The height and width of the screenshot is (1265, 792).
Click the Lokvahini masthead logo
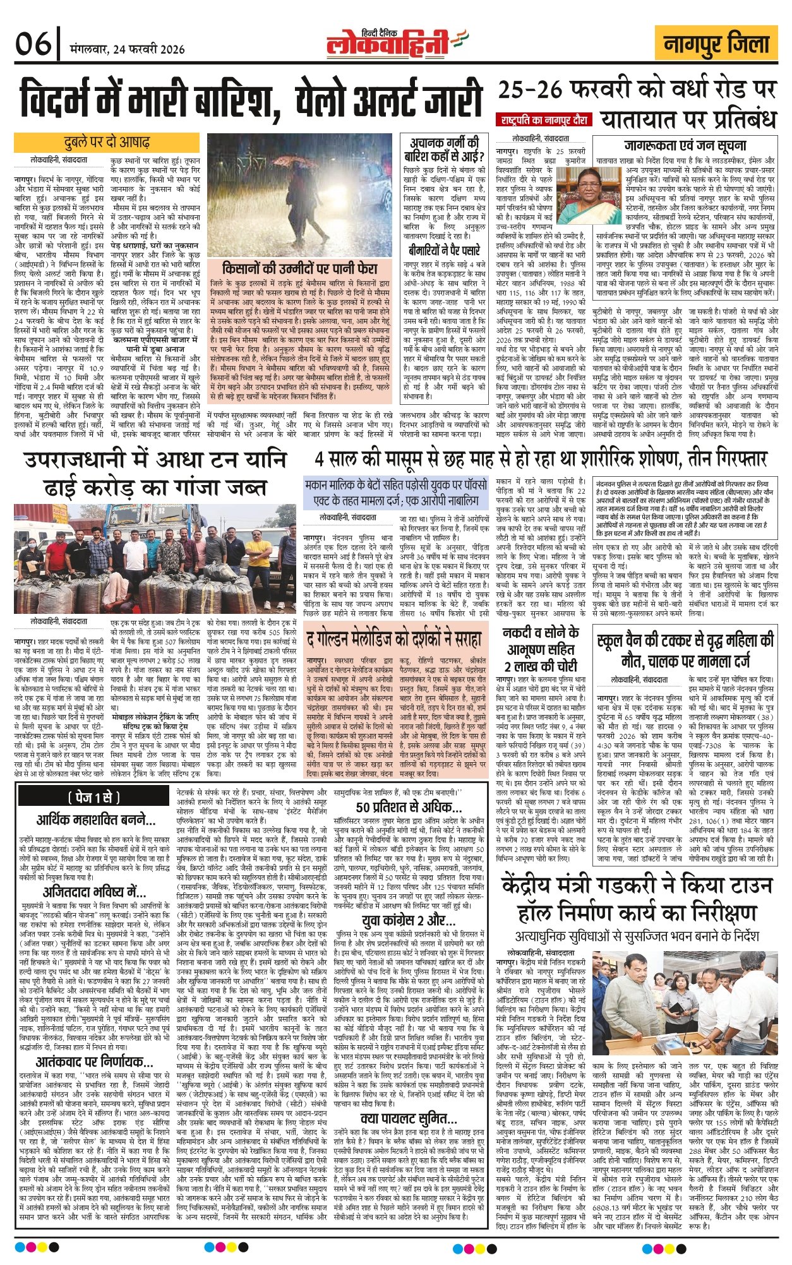[x=396, y=45]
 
